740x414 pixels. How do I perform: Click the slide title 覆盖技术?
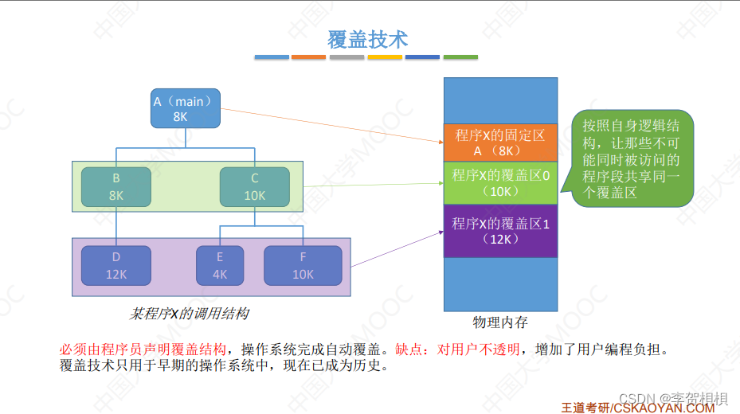point(368,38)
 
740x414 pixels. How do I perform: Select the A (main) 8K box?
point(185,108)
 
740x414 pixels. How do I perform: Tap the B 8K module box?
point(116,186)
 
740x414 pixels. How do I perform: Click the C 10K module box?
point(254,186)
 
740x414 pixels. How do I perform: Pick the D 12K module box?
point(116,266)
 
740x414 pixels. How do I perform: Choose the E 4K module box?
point(220,266)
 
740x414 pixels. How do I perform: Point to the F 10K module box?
point(303,266)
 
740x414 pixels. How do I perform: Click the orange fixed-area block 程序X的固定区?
point(500,143)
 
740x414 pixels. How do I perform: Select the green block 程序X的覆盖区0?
point(500,182)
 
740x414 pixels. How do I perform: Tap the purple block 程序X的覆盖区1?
point(500,231)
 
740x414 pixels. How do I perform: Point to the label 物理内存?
point(500,322)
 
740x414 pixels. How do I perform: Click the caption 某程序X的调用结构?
point(190,313)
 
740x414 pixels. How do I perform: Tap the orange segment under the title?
point(308,57)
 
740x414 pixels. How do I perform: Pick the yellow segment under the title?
point(385,57)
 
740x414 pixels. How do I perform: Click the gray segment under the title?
point(347,57)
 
